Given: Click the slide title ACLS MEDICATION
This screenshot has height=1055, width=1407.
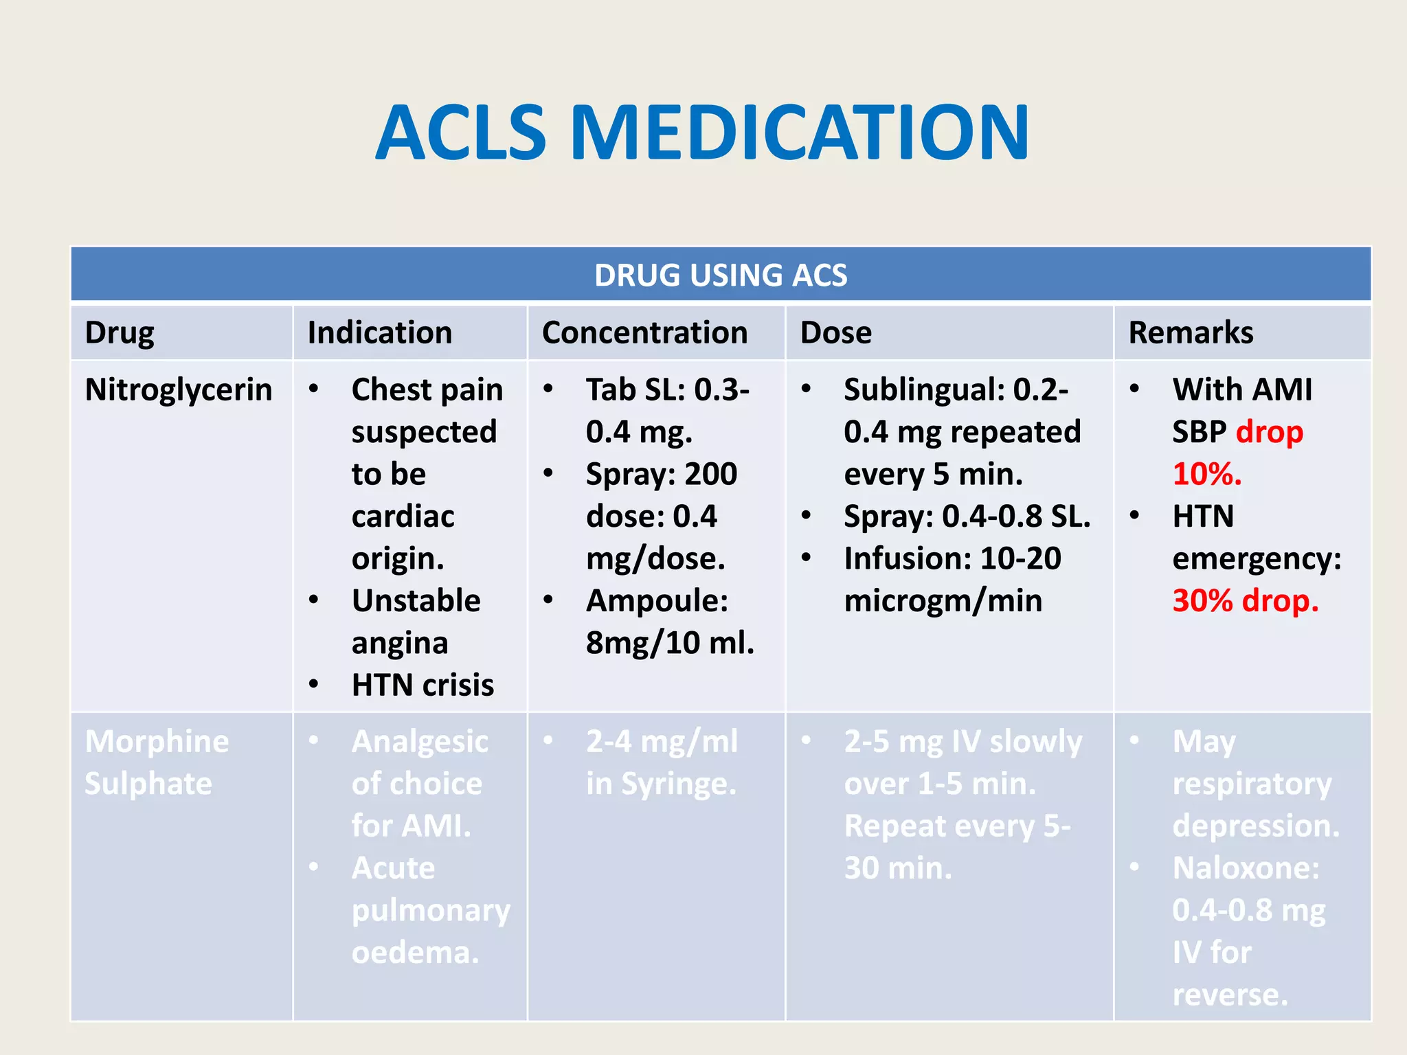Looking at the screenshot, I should pos(702,133).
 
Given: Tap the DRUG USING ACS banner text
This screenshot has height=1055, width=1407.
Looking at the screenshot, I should pos(721,275).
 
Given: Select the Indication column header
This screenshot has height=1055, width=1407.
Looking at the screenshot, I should pos(379,332).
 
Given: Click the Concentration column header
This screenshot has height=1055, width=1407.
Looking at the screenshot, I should pos(644,332).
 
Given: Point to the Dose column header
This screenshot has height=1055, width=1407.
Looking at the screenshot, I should pos(835,332).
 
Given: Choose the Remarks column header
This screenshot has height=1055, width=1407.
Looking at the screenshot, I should pos(1191,332).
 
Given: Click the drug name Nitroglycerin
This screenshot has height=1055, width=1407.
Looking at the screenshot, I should pos(179,389).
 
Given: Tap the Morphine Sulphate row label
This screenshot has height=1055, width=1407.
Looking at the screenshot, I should pos(157,762).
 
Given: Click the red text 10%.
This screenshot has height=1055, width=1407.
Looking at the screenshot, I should pos(1207,474).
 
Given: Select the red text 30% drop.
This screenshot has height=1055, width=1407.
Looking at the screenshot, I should pos(1245,600).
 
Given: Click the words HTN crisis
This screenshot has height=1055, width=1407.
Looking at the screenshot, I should pos(423,685).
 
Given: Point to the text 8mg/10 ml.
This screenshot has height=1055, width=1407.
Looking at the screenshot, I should pos(670,643).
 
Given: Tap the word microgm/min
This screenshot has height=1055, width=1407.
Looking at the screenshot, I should pos(943,600).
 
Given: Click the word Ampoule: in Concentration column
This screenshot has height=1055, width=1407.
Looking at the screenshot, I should pos(657,600).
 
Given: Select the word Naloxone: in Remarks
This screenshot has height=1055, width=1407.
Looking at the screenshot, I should pos(1246,867).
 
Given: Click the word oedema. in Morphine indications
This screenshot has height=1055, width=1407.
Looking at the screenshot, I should pos(415,952).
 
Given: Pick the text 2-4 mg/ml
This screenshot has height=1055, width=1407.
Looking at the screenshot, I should pos(662,741).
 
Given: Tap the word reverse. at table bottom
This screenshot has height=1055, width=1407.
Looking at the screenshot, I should pos(1230,995).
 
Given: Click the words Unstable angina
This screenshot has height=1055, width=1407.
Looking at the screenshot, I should pos(416,621).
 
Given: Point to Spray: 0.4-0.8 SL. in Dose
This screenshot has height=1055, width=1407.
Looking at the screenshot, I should pos(967,516).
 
